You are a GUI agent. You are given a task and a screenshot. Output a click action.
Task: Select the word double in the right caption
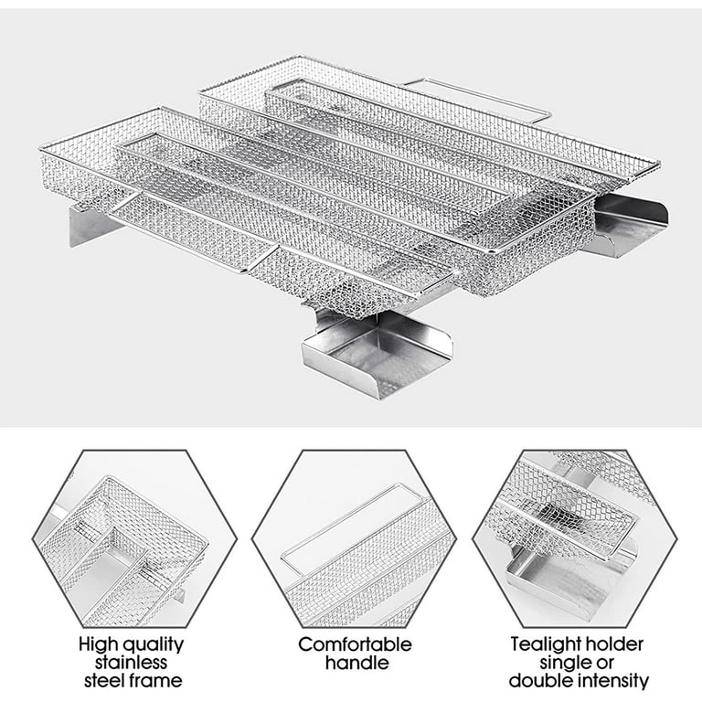click(x=538, y=680)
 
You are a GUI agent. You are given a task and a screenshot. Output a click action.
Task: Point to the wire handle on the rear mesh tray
click(x=480, y=96)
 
